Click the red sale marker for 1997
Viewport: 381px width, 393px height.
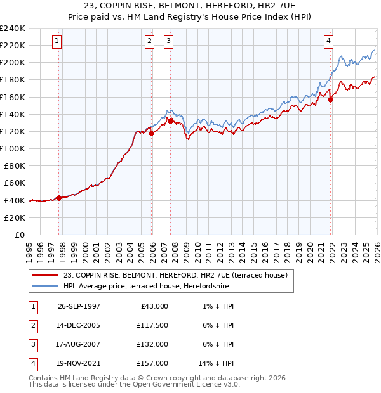tap(59, 198)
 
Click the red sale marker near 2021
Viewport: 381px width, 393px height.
tap(330, 99)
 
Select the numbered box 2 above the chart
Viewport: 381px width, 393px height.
tap(149, 42)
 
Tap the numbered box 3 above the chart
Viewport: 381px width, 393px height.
tap(169, 42)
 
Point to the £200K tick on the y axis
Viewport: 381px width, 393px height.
tap(13, 63)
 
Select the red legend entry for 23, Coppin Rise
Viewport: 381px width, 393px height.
tap(175, 275)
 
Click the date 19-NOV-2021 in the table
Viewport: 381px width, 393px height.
tap(79, 363)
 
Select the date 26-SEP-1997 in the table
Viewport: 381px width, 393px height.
tap(79, 306)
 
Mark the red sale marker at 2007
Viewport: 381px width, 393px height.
tap(171, 120)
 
